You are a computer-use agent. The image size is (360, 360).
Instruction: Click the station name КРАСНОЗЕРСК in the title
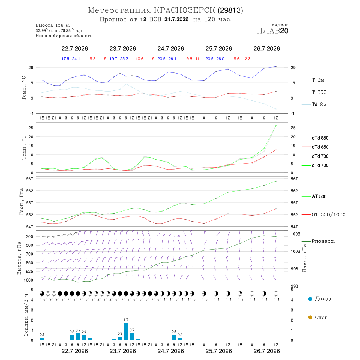(184, 10)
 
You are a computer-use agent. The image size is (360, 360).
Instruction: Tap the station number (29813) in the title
(230, 10)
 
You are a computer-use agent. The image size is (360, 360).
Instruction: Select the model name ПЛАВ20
(272, 30)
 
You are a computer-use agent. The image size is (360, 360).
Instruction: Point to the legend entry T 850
(314, 92)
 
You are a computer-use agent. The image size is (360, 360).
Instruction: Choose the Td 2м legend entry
(314, 104)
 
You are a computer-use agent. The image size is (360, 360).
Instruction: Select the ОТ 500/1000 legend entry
(323, 214)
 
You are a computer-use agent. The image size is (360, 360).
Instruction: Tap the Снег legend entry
(318, 317)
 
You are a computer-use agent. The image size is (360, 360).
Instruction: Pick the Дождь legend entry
(320, 299)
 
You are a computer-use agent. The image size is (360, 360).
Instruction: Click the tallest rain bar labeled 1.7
(126, 332)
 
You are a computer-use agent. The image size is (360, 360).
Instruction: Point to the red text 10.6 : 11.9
(145, 59)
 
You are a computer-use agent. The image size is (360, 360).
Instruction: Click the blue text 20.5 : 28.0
(215, 59)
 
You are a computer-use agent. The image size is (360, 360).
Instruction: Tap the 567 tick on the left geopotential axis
(30, 179)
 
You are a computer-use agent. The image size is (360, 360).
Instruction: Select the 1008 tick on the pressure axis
(296, 234)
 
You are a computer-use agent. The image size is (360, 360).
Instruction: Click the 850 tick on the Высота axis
(29, 263)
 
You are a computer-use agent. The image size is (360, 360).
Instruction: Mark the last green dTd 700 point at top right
(276, 125)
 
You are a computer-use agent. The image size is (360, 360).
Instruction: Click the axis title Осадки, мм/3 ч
(26, 315)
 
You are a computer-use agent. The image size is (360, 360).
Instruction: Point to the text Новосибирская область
(64, 36)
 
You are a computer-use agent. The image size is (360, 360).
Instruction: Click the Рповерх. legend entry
(318, 241)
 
